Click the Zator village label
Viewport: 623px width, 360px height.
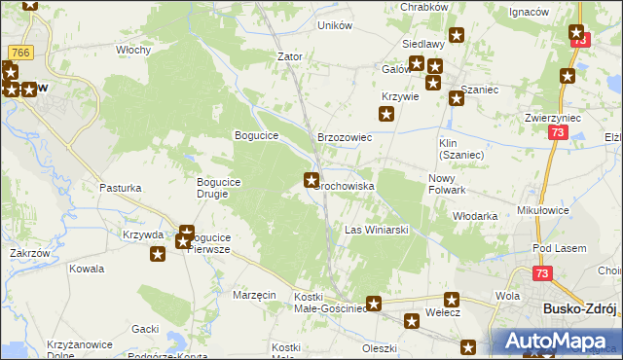tap(290, 56)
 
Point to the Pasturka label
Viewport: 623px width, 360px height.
tap(120, 187)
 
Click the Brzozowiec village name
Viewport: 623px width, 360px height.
tap(346, 138)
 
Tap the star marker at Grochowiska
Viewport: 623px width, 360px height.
tap(311, 179)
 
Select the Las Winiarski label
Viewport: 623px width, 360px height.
tap(376, 230)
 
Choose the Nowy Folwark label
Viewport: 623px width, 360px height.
tap(448, 184)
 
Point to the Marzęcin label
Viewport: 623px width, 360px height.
tap(255, 294)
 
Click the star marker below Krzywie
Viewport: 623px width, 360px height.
tap(386, 115)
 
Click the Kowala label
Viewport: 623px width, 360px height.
tap(87, 269)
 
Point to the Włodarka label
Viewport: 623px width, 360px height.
tap(476, 216)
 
